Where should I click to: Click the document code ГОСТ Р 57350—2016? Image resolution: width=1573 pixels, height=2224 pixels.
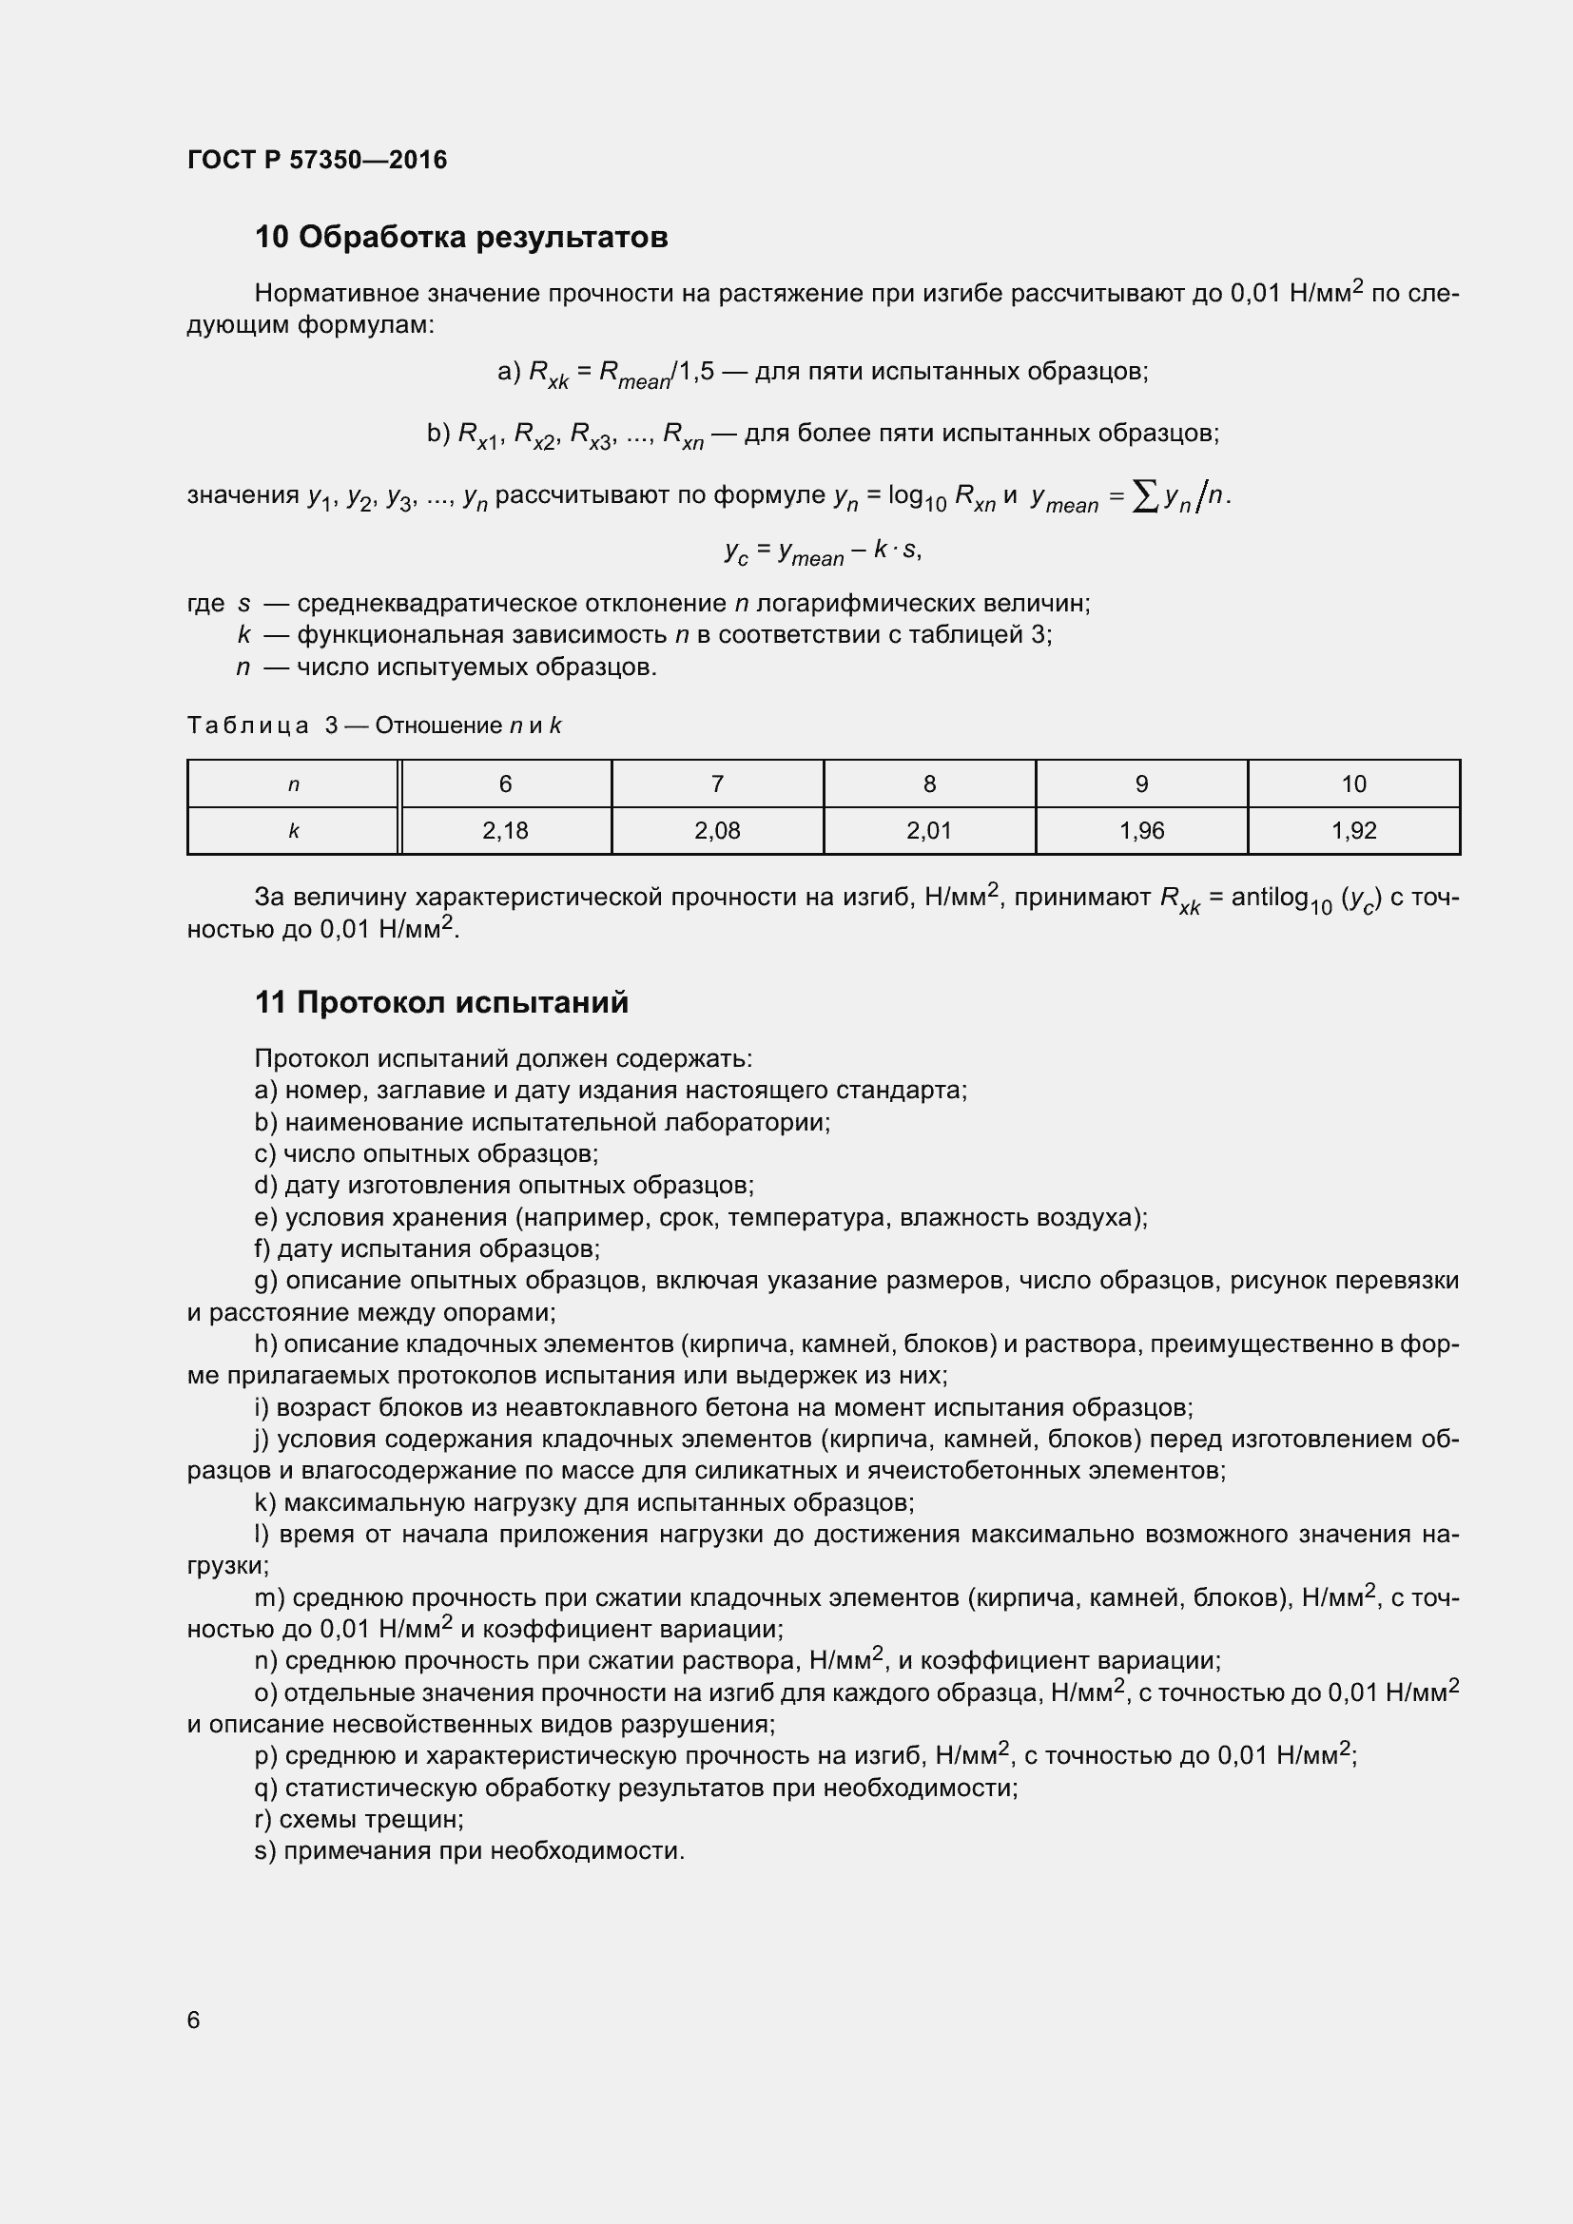click(x=317, y=160)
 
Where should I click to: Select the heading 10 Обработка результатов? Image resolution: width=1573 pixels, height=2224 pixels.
click(x=461, y=238)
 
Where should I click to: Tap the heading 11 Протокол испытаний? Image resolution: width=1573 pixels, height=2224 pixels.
click(x=441, y=1002)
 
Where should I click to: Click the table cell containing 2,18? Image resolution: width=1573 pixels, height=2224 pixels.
click(x=505, y=831)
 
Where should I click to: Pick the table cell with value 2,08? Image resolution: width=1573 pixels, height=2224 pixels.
click(x=717, y=831)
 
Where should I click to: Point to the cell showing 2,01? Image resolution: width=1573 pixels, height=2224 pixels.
click(x=929, y=831)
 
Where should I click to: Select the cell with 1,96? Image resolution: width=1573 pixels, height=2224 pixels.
click(x=1141, y=831)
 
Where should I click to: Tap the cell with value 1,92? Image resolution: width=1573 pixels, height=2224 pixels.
click(x=1353, y=831)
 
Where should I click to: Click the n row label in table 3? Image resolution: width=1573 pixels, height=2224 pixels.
click(x=294, y=784)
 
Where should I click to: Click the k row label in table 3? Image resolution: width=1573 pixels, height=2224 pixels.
click(x=294, y=831)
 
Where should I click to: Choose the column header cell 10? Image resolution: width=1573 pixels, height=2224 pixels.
click(x=1353, y=784)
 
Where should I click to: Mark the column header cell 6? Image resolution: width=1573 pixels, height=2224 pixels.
click(x=505, y=784)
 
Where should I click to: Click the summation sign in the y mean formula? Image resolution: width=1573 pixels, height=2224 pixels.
click(x=1145, y=498)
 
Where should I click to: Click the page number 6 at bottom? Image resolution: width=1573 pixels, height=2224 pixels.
click(x=194, y=2020)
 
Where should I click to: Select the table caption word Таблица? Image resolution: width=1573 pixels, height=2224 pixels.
click(x=248, y=725)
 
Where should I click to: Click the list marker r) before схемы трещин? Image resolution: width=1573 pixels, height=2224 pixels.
click(x=263, y=1819)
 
